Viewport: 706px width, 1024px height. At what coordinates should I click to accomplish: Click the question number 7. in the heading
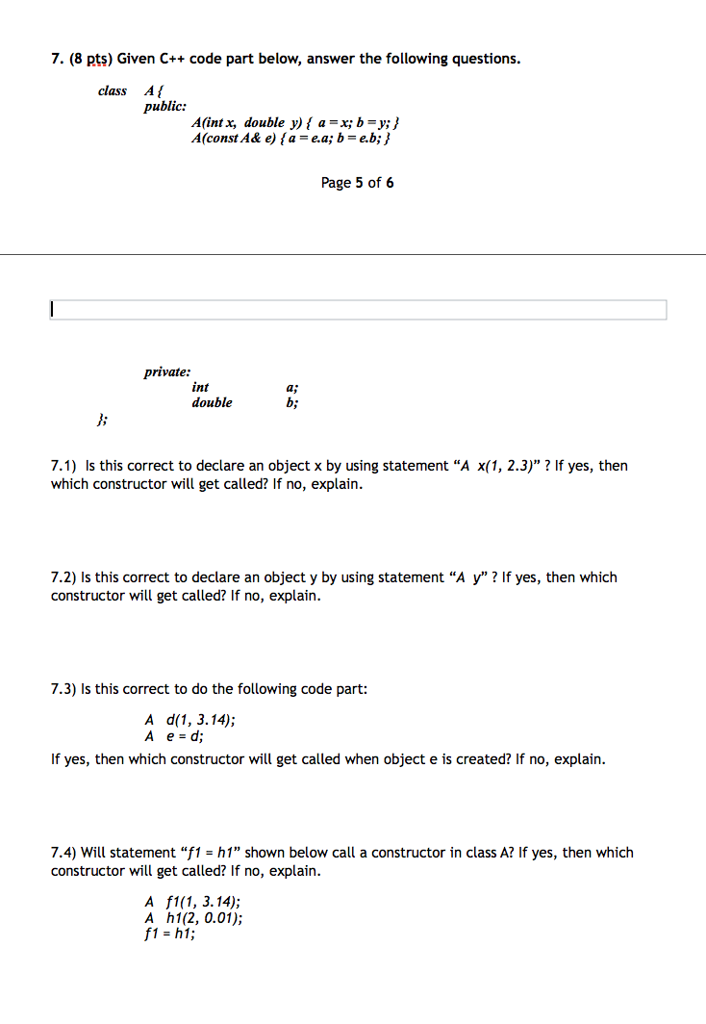click(57, 59)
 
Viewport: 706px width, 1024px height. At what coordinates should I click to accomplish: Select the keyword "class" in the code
click(113, 90)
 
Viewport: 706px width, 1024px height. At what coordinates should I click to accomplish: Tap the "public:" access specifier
click(165, 107)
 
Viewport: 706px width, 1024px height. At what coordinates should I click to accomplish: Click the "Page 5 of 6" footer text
click(357, 182)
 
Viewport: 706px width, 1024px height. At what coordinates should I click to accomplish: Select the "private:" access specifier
click(167, 371)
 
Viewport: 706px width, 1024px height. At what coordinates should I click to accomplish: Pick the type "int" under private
click(200, 387)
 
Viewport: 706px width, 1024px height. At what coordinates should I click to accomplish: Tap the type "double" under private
click(212, 402)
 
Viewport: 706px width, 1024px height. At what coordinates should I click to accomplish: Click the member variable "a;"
click(292, 387)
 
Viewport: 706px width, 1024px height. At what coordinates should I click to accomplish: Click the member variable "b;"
click(292, 402)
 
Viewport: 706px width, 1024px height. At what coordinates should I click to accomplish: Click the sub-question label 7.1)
click(66, 466)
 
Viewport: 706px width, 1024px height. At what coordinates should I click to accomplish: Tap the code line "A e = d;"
click(174, 736)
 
